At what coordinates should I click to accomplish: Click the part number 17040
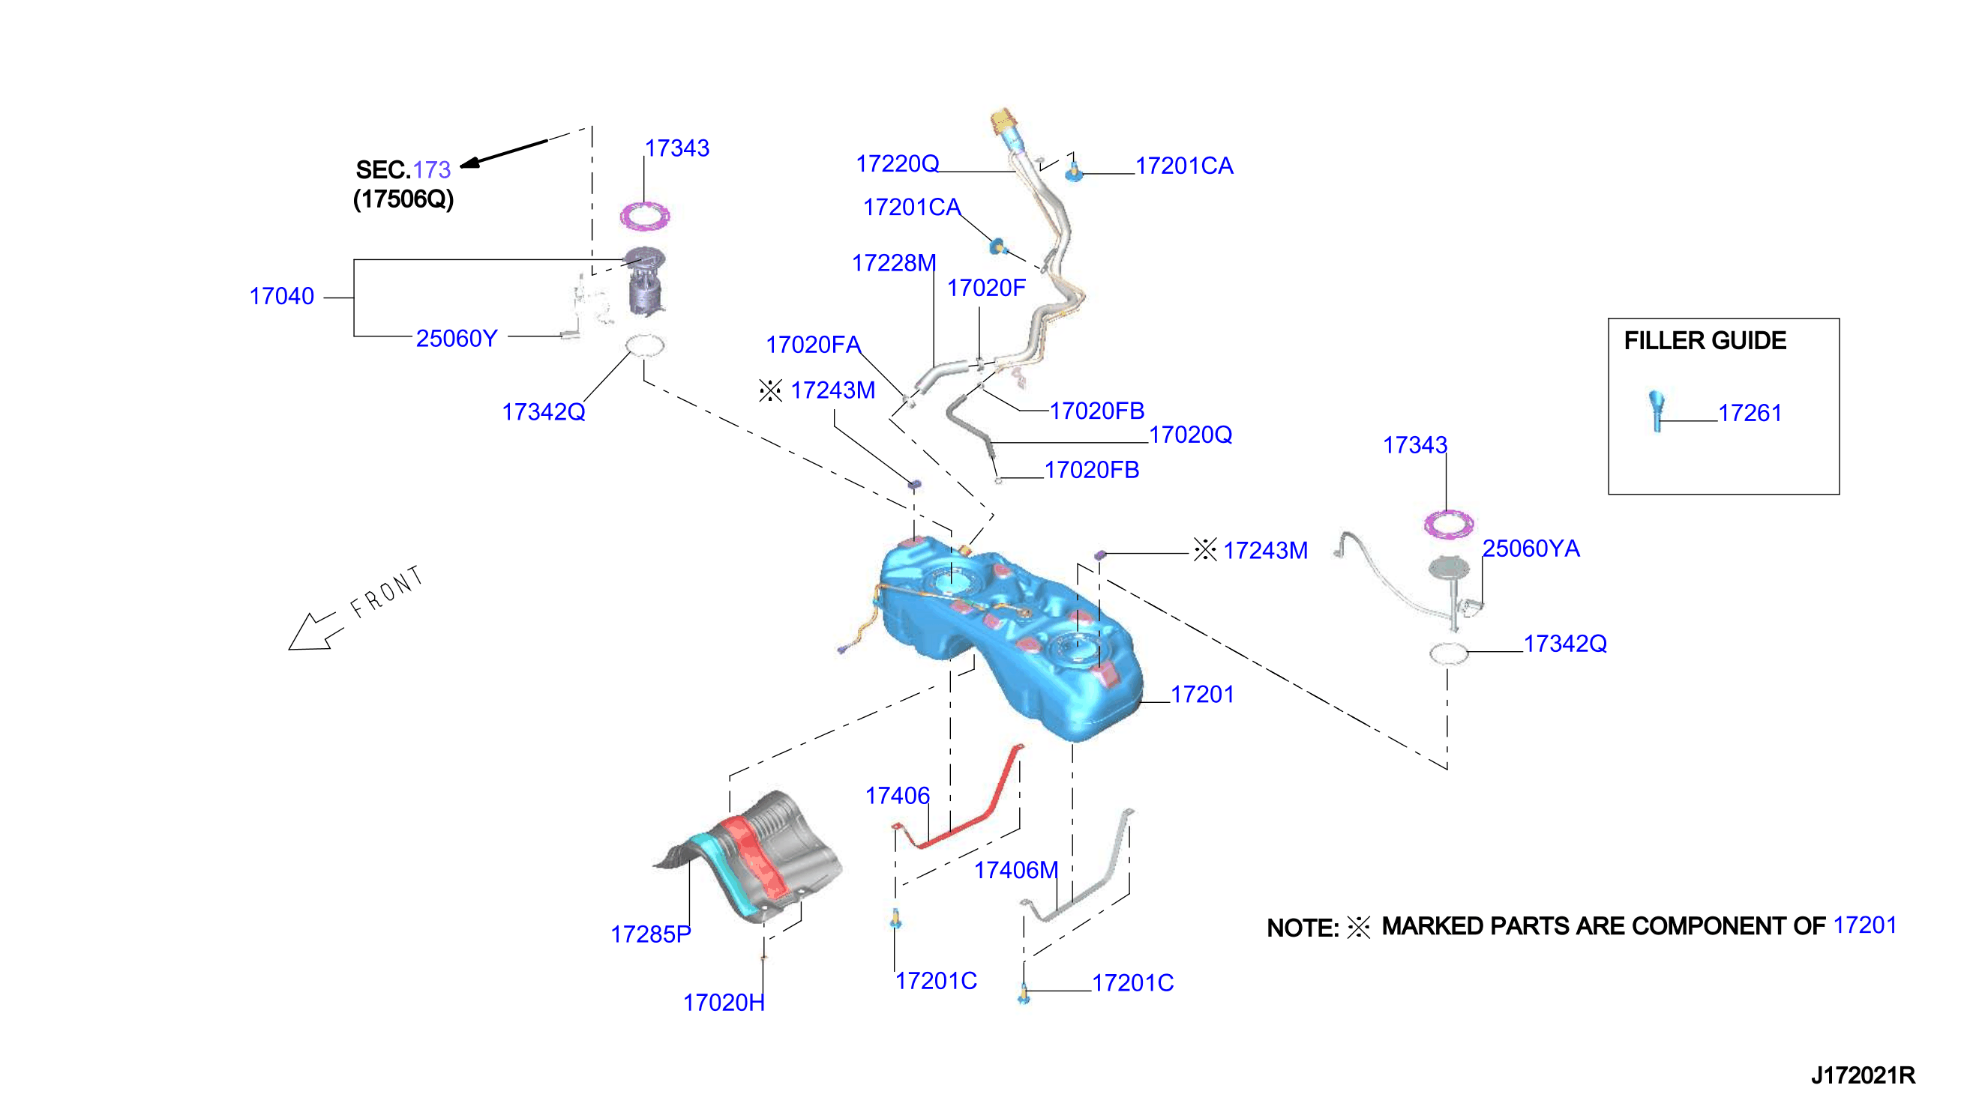281,296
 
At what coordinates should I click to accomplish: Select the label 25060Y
456,339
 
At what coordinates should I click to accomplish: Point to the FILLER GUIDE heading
1705,341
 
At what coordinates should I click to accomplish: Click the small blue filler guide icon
1656,411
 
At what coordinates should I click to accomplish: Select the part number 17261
1750,413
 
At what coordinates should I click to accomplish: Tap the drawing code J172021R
1862,1075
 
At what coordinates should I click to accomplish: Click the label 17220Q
897,163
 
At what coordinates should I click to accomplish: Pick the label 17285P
650,934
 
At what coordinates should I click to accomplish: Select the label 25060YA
1531,549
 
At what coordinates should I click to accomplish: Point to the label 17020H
723,1003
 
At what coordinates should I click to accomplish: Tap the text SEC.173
403,169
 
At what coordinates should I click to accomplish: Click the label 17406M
1015,870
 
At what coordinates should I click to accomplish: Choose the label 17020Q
1191,435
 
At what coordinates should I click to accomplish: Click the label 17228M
893,263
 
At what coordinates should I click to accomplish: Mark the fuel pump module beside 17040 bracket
645,280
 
